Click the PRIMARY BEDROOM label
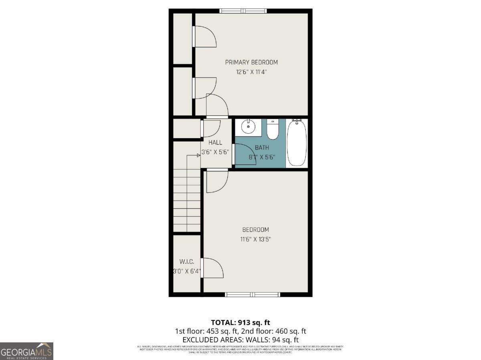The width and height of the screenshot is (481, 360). coord(251,62)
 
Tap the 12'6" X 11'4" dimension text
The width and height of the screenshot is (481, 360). coord(251,72)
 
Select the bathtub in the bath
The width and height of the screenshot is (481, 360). coord(297,143)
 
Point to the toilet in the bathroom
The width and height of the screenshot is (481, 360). coord(273,129)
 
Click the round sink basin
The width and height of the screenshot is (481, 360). coord(248,128)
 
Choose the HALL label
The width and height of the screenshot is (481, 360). coord(215,142)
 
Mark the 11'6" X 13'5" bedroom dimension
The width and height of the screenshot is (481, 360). coord(255,239)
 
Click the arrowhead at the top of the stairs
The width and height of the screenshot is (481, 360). coord(198,155)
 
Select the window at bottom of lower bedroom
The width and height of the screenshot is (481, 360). coord(253,294)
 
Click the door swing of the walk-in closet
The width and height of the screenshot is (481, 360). coord(212,268)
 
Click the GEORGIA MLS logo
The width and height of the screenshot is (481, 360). coord(26,351)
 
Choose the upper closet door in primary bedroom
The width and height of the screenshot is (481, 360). coord(204,37)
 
